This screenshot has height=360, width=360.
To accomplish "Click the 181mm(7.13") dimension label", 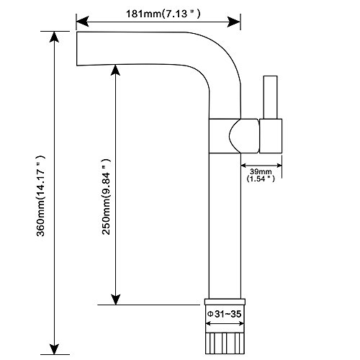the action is [x=163, y=14].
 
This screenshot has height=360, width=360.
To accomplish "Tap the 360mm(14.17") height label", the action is [x=40, y=196].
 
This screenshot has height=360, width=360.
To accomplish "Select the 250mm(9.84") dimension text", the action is [x=106, y=197].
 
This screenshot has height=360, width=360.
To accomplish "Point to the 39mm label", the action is [x=261, y=171].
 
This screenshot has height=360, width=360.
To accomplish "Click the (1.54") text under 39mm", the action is [x=261, y=179].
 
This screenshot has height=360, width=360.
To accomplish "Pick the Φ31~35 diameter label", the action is [x=224, y=314].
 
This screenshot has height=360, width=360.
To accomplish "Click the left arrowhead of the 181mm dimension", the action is [x=83, y=22].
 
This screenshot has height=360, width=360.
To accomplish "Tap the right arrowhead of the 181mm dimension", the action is [x=234, y=22].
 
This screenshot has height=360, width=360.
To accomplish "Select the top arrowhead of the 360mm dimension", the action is [x=54, y=37].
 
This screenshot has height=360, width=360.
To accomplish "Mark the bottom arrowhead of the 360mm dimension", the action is [x=54, y=348].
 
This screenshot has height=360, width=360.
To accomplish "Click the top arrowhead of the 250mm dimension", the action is [x=115, y=71].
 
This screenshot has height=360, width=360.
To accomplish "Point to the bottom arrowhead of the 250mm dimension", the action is [x=115, y=299].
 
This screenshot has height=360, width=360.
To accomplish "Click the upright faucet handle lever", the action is [x=270, y=97].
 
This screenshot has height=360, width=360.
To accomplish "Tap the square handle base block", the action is [x=271, y=136].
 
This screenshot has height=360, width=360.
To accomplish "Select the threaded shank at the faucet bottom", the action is [x=225, y=343].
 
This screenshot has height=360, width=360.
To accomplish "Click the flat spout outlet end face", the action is [x=77, y=49].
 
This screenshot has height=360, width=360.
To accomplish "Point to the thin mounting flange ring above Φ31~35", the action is [x=225, y=302].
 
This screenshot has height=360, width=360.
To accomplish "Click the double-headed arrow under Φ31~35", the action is [x=225, y=324].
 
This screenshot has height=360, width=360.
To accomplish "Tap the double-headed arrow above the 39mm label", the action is [x=261, y=166].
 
